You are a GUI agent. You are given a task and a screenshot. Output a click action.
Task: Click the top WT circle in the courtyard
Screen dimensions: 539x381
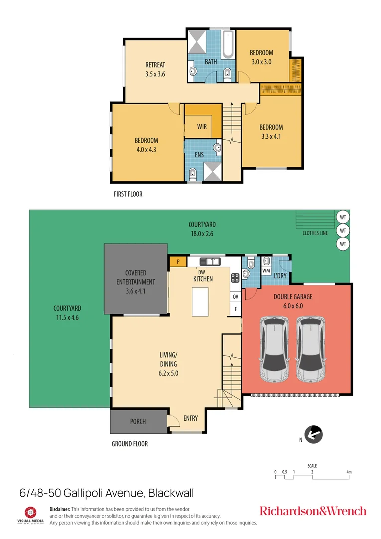(x=343, y=217)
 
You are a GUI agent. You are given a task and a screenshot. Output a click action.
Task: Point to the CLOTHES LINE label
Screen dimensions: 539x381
(x=315, y=233)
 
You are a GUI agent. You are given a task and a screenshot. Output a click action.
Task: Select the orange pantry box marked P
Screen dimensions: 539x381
(x=177, y=261)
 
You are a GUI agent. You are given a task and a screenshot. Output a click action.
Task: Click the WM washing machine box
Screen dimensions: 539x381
(x=266, y=270)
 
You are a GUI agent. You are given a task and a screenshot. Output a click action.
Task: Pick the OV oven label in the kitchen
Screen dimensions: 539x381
(x=235, y=297)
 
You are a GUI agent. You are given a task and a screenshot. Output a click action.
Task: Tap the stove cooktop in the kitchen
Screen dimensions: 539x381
(x=235, y=278)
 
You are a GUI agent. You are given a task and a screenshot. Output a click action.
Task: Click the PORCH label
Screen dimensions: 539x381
(x=138, y=422)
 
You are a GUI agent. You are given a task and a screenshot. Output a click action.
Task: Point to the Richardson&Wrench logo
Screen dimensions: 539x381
(x=313, y=511)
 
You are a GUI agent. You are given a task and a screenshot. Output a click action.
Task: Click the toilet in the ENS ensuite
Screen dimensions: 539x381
(x=193, y=174)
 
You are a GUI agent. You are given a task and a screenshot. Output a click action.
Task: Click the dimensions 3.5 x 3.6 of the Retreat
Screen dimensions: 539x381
(x=155, y=74)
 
